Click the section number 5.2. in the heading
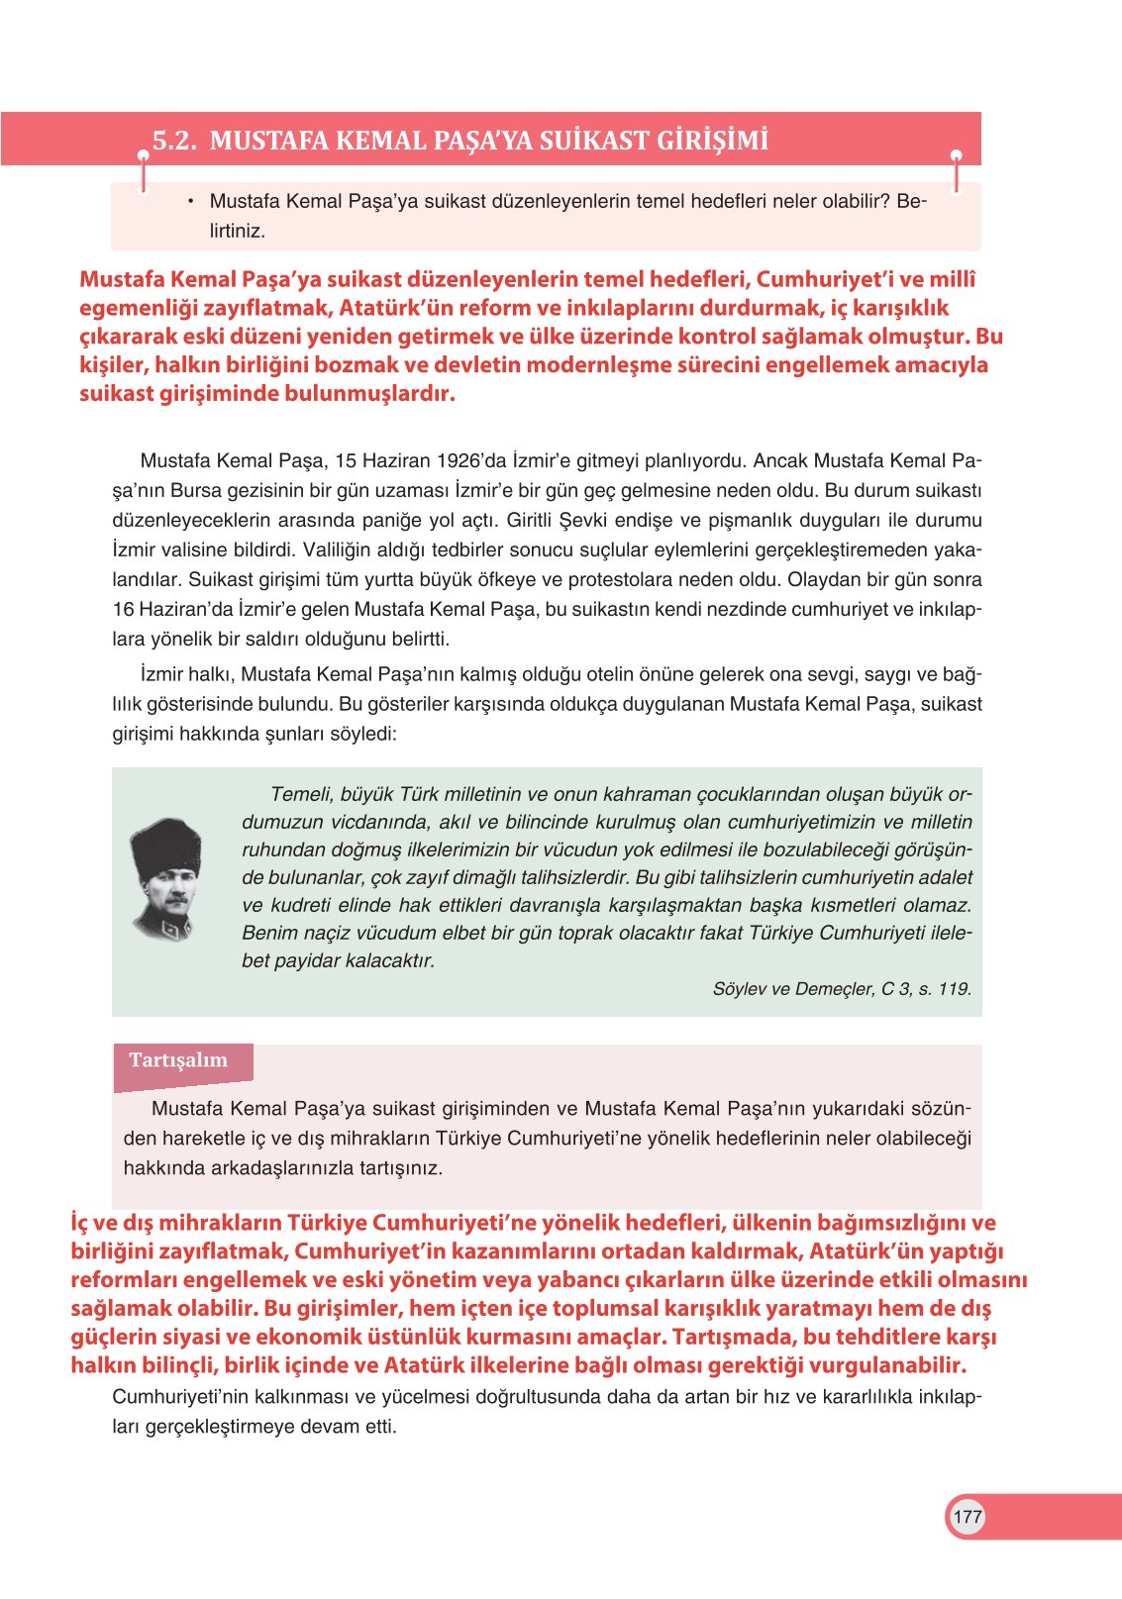click(174, 141)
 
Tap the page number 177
click(967, 1516)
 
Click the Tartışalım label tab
click(179, 1060)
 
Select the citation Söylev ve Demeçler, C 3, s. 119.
click(841, 988)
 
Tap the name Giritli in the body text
click(530, 520)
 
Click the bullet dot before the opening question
click(189, 202)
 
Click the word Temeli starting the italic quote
click(301, 794)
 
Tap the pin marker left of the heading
click(144, 157)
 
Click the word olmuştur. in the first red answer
click(917, 337)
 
